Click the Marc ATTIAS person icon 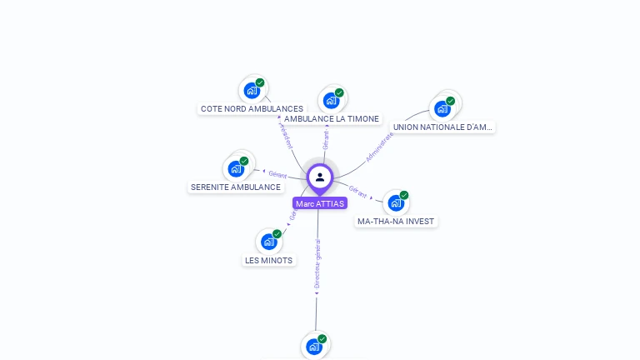[320, 177]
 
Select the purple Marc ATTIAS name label [320, 203]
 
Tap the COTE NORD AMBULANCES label [252, 108]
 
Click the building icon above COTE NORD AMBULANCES [252, 89]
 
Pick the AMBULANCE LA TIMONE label [331, 119]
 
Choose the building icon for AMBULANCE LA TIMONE [331, 100]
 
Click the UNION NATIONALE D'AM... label [443, 127]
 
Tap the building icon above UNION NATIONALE [442, 107]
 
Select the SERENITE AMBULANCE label [236, 187]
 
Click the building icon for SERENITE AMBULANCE [236, 168]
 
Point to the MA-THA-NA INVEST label [396, 222]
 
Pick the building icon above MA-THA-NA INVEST [396, 202]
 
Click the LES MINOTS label [268, 260]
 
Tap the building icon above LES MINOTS [268, 241]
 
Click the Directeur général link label [317, 264]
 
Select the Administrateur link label [379, 146]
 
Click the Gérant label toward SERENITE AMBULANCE [277, 174]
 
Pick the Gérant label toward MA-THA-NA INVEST [358, 191]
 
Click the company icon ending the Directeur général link [314, 346]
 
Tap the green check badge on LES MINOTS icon [277, 233]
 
